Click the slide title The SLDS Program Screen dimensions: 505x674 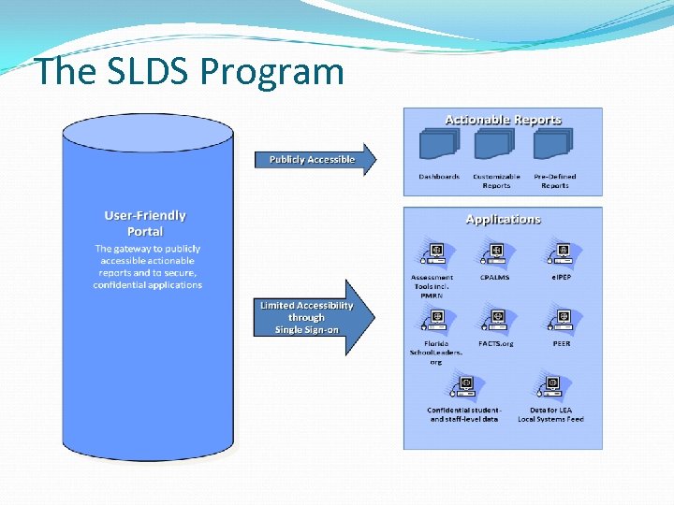coord(189,71)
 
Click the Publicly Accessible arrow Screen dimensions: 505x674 coord(314,160)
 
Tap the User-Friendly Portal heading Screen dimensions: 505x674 coord(145,223)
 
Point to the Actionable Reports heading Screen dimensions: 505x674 coord(503,120)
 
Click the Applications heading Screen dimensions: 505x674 coord(503,219)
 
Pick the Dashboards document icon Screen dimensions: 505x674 coord(439,144)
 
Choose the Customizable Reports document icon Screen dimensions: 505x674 coord(495,144)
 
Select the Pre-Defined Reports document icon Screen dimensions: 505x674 coord(553,144)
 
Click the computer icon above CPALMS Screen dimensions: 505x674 coord(495,253)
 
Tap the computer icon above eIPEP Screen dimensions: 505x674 coord(561,253)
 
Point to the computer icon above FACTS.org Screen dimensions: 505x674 coord(495,320)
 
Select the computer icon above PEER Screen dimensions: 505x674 coord(561,320)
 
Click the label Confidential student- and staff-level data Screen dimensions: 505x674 coord(464,414)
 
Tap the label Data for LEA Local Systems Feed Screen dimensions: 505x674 coord(550,414)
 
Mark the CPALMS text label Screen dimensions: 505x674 coord(495,278)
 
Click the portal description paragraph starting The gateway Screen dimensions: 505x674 coord(147,267)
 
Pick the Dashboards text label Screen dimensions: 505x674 coord(439,177)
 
